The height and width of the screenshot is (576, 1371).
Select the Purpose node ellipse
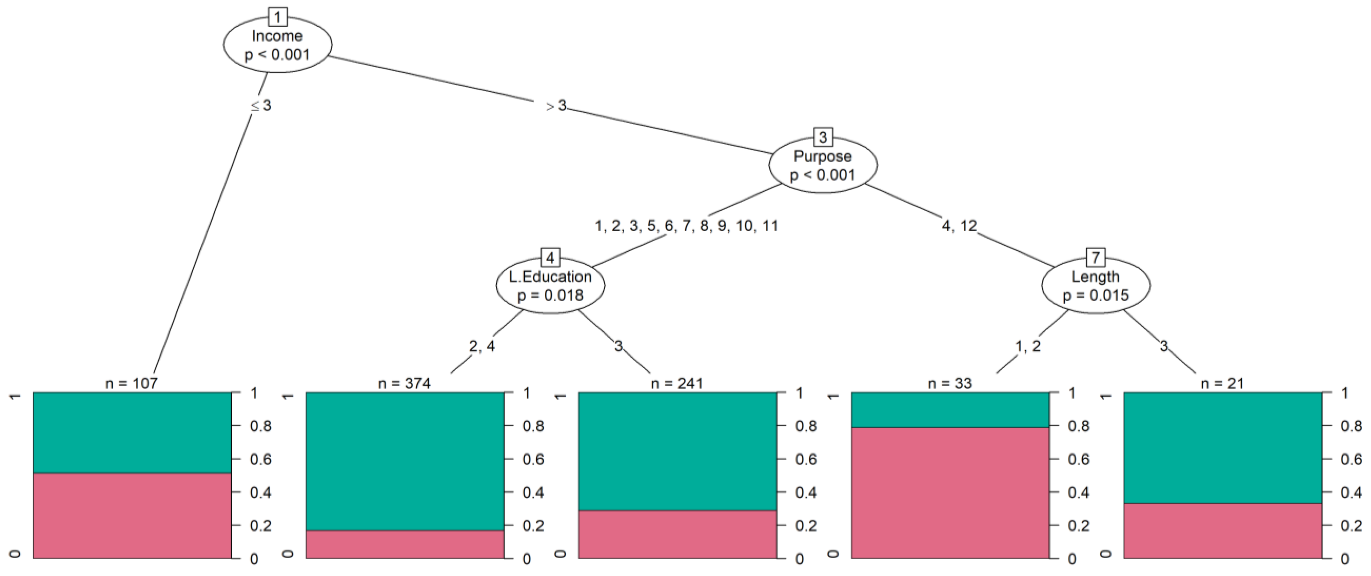pyautogui.click(x=823, y=166)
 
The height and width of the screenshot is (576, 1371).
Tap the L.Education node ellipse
pyautogui.click(x=550, y=286)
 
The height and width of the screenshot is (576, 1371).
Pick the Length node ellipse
pyautogui.click(x=1095, y=286)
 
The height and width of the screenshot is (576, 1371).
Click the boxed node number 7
pyautogui.click(x=1095, y=258)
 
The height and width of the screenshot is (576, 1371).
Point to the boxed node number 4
pyautogui.click(x=550, y=258)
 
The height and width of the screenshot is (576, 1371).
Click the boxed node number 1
pyautogui.click(x=277, y=18)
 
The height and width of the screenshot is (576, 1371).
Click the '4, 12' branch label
pyautogui.click(x=959, y=226)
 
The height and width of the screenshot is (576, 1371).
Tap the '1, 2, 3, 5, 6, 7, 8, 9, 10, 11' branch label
pyautogui.click(x=687, y=226)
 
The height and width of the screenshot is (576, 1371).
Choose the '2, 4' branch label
pyautogui.click(x=482, y=346)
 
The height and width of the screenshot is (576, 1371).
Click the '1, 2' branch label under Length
pyautogui.click(x=1027, y=346)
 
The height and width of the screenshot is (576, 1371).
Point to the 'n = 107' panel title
pyautogui.click(x=132, y=383)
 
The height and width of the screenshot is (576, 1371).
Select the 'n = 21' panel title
pyautogui.click(x=1223, y=383)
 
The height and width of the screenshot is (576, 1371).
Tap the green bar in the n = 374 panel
pyautogui.click(x=404, y=461)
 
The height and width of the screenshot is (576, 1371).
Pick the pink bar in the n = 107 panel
pyautogui.click(x=132, y=515)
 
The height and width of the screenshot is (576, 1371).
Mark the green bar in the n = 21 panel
pyautogui.click(x=1223, y=447)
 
